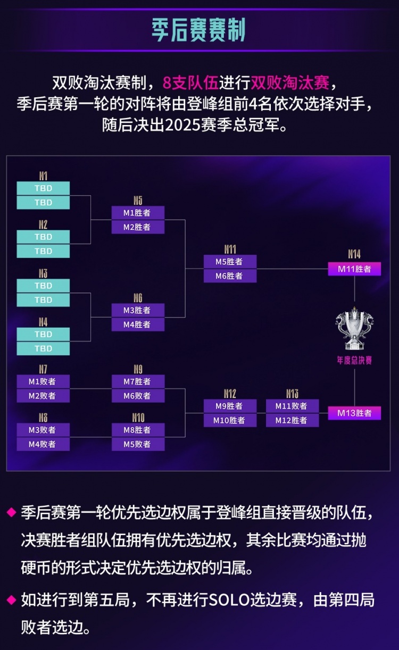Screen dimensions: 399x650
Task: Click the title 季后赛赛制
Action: pyautogui.click(x=198, y=30)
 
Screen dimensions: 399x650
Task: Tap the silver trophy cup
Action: pyautogui.click(x=354, y=329)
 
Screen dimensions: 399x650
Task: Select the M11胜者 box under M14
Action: pyautogui.click(x=354, y=269)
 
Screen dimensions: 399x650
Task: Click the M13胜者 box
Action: pyautogui.click(x=354, y=413)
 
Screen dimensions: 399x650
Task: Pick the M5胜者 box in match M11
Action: pyautogui.click(x=230, y=262)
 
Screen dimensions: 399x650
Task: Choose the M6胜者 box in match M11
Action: pyautogui.click(x=230, y=276)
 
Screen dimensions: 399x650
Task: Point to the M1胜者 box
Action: pyautogui.click(x=138, y=213)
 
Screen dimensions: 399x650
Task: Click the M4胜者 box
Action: pyautogui.click(x=138, y=324)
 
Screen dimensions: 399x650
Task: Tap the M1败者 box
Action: pyautogui.click(x=43, y=381)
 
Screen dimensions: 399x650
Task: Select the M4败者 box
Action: pyautogui.click(x=43, y=444)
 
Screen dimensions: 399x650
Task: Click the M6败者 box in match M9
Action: pyautogui.click(x=138, y=396)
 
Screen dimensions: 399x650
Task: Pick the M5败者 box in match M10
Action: pyautogui.click(x=138, y=444)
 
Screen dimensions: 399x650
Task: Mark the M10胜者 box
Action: pyautogui.click(x=230, y=420)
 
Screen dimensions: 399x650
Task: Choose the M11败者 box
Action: pyautogui.click(x=293, y=406)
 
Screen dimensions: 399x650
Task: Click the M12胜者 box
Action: pyautogui.click(x=293, y=420)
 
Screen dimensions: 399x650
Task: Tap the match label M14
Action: pyautogui.click(x=354, y=254)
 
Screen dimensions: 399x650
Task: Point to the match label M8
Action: pyautogui.click(x=43, y=418)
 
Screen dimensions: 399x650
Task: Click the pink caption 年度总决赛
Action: pyautogui.click(x=354, y=361)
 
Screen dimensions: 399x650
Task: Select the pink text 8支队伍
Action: pyautogui.click(x=190, y=82)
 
